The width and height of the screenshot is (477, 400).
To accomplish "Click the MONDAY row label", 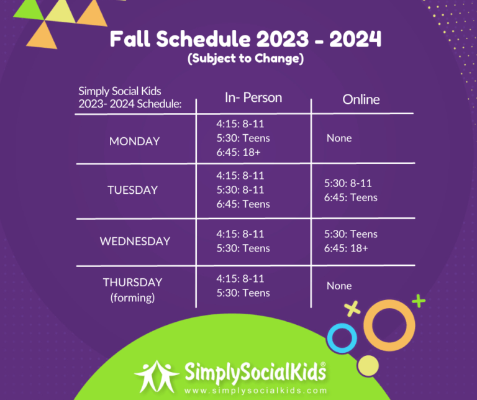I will pos(134,141).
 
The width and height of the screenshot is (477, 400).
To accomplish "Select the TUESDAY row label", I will pos(132,190).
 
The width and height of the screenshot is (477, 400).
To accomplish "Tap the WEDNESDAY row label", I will pos(135,241).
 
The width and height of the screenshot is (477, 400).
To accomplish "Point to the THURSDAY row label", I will pos(132,282).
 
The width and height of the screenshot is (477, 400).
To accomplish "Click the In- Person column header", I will pos(253,98).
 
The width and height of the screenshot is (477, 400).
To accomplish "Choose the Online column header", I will pos(361,99).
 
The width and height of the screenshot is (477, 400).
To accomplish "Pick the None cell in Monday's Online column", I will pos(339,138).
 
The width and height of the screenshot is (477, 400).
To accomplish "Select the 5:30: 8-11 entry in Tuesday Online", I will pos(348,183).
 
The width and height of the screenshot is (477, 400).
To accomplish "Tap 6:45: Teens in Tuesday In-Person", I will pos(243,204).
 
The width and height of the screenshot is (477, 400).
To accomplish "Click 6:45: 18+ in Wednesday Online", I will pos(346,248).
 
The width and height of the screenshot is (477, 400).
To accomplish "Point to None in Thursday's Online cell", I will pos(339,286).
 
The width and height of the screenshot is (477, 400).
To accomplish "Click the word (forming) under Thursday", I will pos(132,298).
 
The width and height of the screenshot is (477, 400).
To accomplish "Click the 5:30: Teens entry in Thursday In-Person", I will pos(243,293).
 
